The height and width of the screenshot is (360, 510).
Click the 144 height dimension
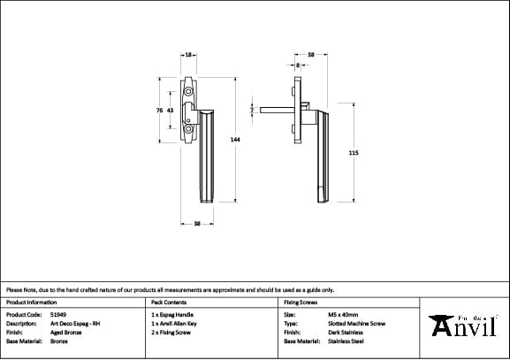[235, 140]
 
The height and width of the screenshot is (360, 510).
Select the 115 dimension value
[354, 153]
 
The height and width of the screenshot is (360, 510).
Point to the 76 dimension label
[159, 111]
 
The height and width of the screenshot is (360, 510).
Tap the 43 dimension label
[170, 111]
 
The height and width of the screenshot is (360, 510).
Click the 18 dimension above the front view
[187, 55]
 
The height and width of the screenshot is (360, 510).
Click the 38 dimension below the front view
[197, 223]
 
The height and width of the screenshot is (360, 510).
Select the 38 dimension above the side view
[310, 55]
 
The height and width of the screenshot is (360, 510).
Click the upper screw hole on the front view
[189, 91]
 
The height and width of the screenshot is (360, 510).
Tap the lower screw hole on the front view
[188, 131]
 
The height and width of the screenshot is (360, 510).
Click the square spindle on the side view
[274, 111]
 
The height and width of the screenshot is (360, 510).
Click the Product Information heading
[31, 302]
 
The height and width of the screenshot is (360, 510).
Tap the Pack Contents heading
[168, 302]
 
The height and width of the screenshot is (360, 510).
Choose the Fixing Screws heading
[301, 302]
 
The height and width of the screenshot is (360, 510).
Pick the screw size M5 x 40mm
[343, 314]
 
